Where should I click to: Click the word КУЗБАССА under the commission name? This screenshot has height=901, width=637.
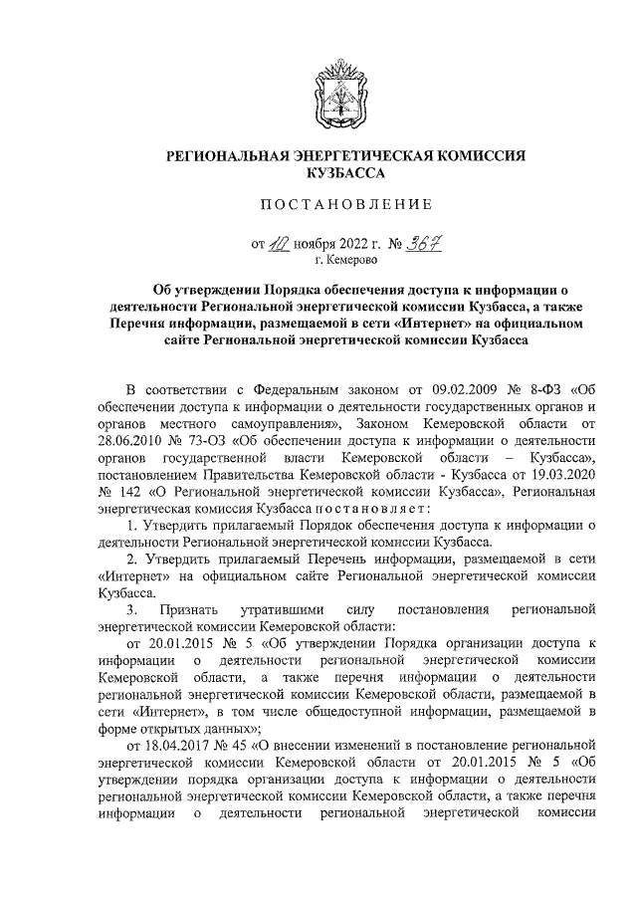click(344, 173)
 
